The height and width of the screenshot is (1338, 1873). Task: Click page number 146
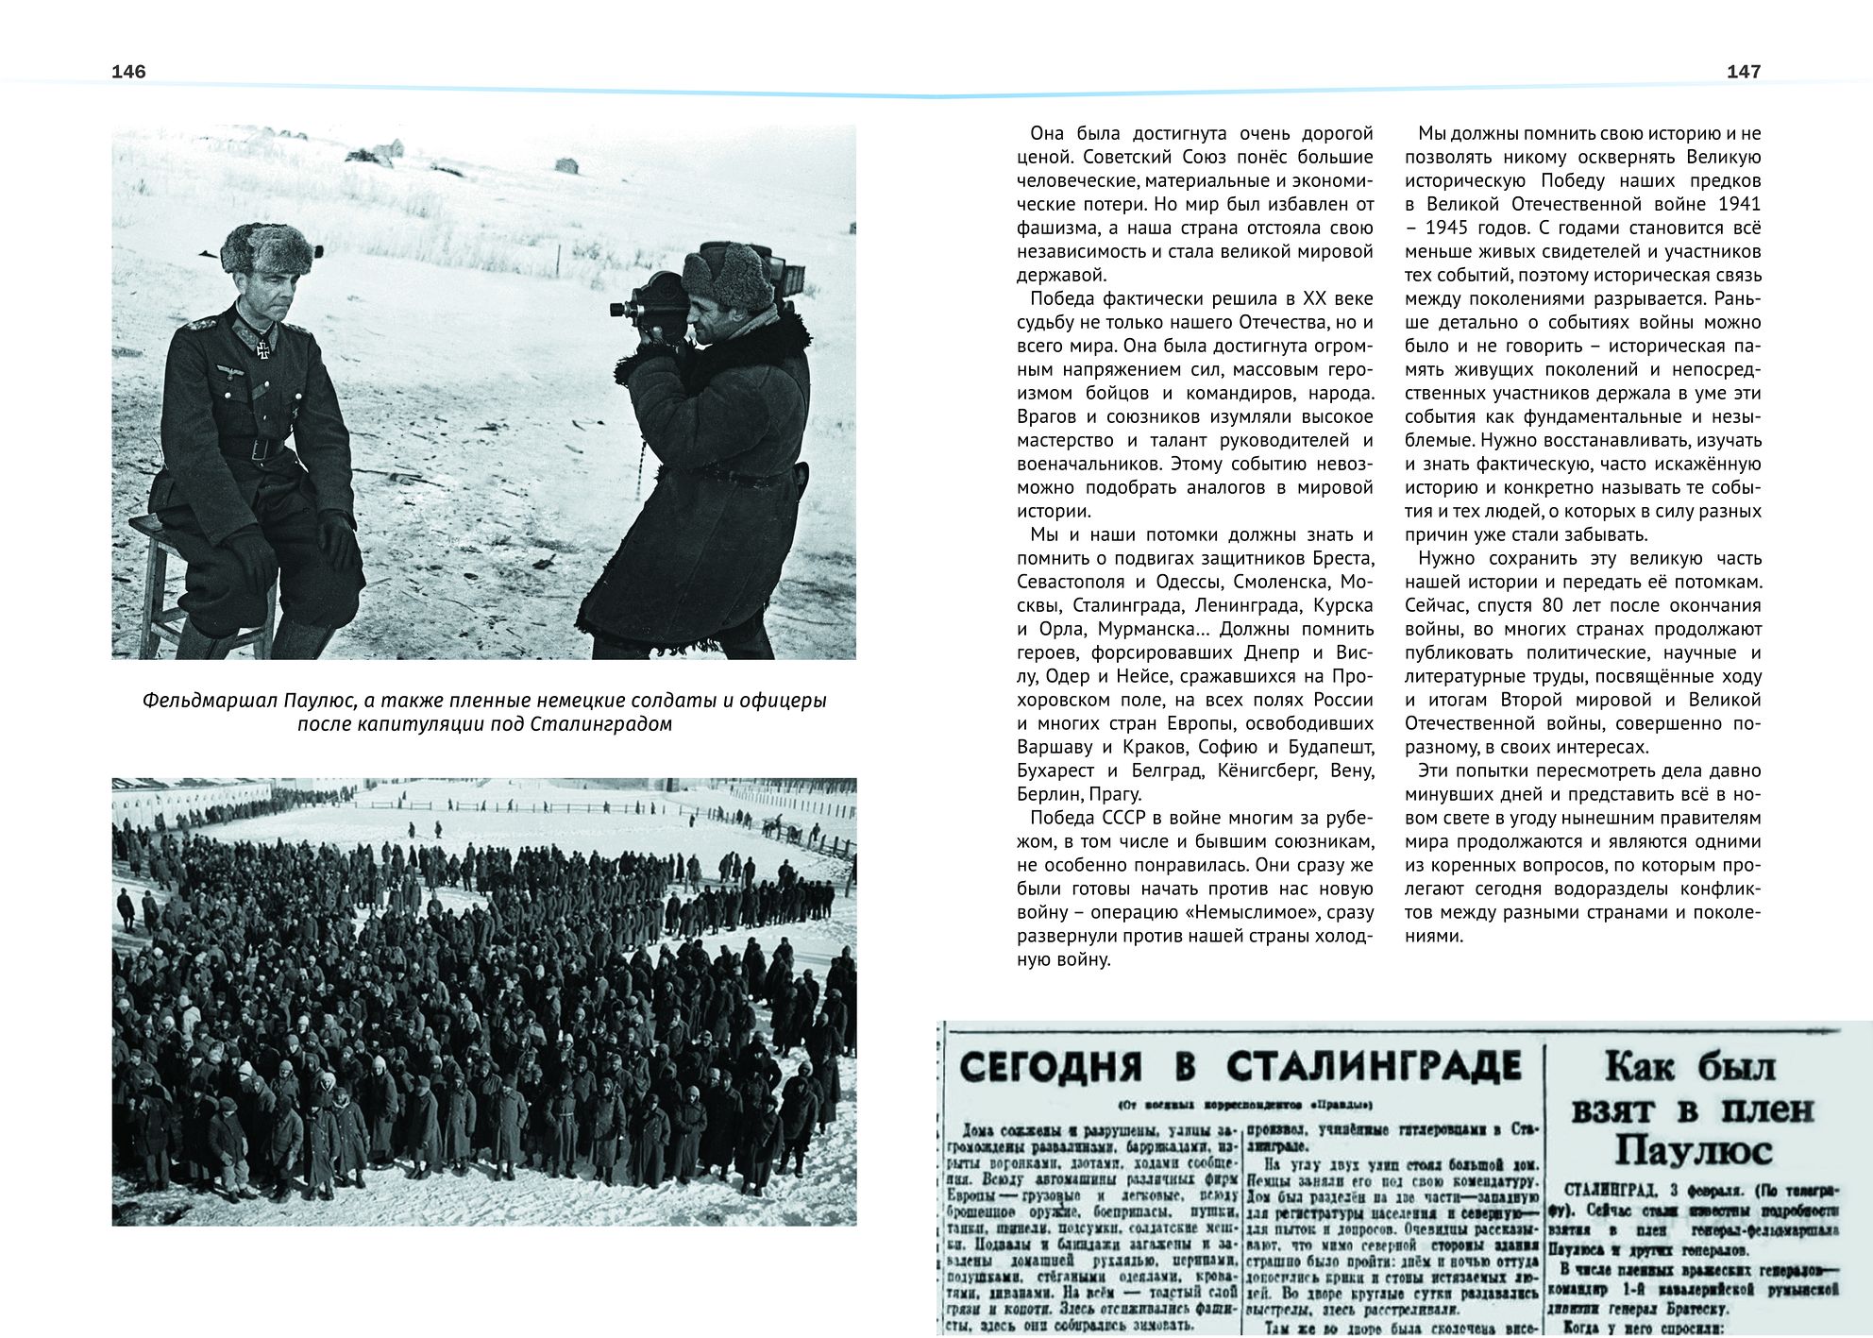(128, 72)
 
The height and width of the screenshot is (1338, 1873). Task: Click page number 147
(1743, 72)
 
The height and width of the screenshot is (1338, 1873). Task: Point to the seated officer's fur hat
(268, 247)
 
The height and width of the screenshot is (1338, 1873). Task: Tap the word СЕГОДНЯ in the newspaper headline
(1050, 1067)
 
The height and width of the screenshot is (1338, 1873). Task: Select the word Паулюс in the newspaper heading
(1693, 1152)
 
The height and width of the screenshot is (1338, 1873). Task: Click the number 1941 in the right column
(1739, 204)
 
